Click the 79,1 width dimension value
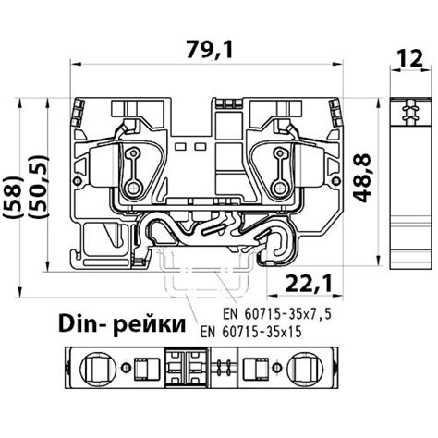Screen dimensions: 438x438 pos(210,49)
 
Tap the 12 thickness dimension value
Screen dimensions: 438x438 pos(409,58)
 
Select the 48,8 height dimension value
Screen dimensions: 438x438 pos(361,178)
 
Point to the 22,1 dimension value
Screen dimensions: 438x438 pos(309,284)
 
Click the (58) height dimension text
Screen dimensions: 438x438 pos(14,198)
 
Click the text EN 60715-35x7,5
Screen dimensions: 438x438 pos(276,314)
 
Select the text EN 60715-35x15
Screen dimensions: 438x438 pos(250,332)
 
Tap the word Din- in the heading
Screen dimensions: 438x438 pos(81,324)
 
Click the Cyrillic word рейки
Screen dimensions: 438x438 pos(149,326)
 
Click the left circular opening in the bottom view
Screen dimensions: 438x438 pos(98,367)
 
